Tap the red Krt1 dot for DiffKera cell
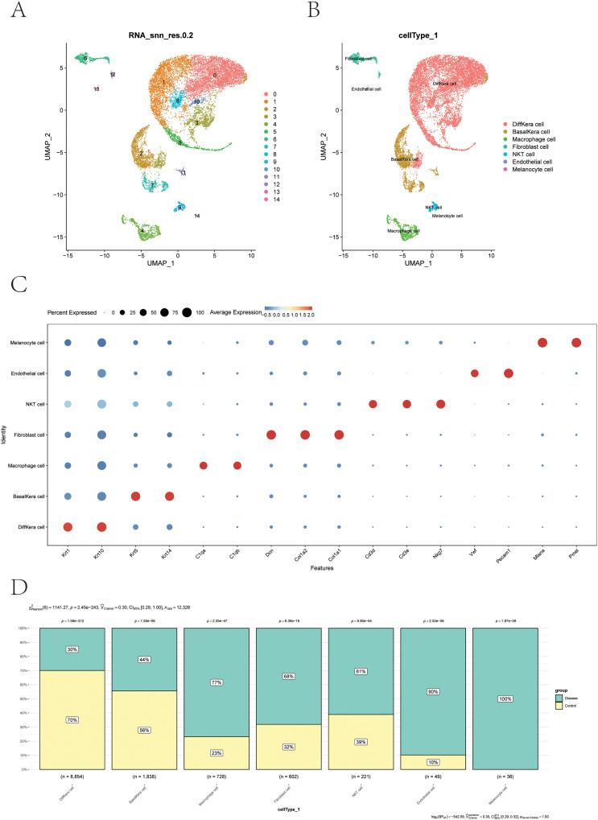68,527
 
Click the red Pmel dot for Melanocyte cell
576,343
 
